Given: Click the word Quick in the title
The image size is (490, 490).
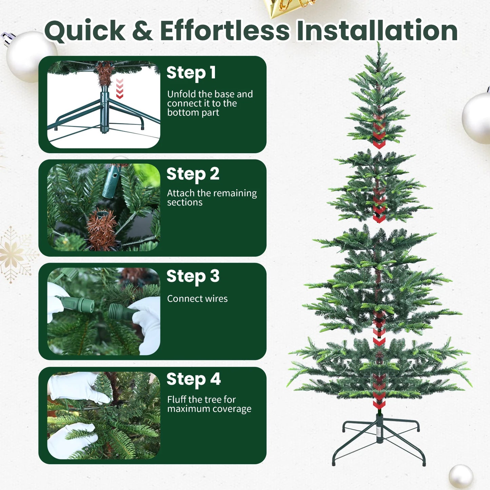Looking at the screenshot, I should click(85, 31).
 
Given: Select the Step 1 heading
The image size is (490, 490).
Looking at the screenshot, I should click(191, 73).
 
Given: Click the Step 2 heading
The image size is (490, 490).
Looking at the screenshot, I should click(193, 174).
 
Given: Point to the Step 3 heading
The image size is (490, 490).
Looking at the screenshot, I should click(193, 276).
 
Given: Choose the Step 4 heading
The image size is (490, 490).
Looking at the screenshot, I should click(193, 379).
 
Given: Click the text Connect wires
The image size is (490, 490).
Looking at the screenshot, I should click(197, 299).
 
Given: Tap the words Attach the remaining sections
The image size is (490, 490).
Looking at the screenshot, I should click(212, 198).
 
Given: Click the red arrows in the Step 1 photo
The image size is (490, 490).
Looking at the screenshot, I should click(120, 89).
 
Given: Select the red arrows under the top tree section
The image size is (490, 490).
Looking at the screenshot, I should click(379, 136).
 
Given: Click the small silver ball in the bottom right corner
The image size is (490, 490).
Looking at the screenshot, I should click(461, 476).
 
